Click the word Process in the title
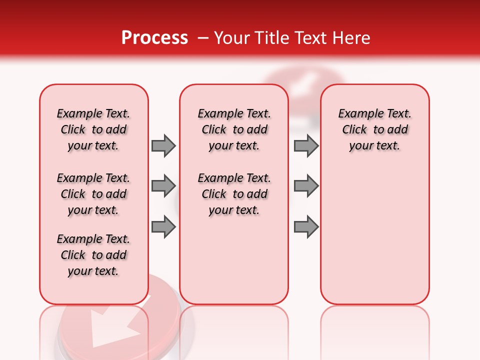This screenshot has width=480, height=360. coord(154,38)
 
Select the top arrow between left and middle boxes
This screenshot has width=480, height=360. coord(163,145)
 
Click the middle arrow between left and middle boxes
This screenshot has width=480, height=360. coord(163,186)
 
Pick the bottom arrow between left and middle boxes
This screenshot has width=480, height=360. coord(163,227)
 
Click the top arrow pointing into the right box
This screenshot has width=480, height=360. coord(306,145)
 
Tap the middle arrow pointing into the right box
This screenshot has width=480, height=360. coord(306,186)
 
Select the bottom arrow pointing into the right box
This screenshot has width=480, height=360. coord(306,227)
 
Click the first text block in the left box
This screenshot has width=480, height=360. coord(93,129)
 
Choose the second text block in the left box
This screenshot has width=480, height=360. coord(93,194)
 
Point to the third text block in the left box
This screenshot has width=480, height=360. coord(93,255)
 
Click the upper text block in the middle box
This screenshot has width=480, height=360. coord(234,129)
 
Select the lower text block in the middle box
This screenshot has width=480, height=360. coord(234,194)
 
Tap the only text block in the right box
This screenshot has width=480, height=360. coord(374,129)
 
